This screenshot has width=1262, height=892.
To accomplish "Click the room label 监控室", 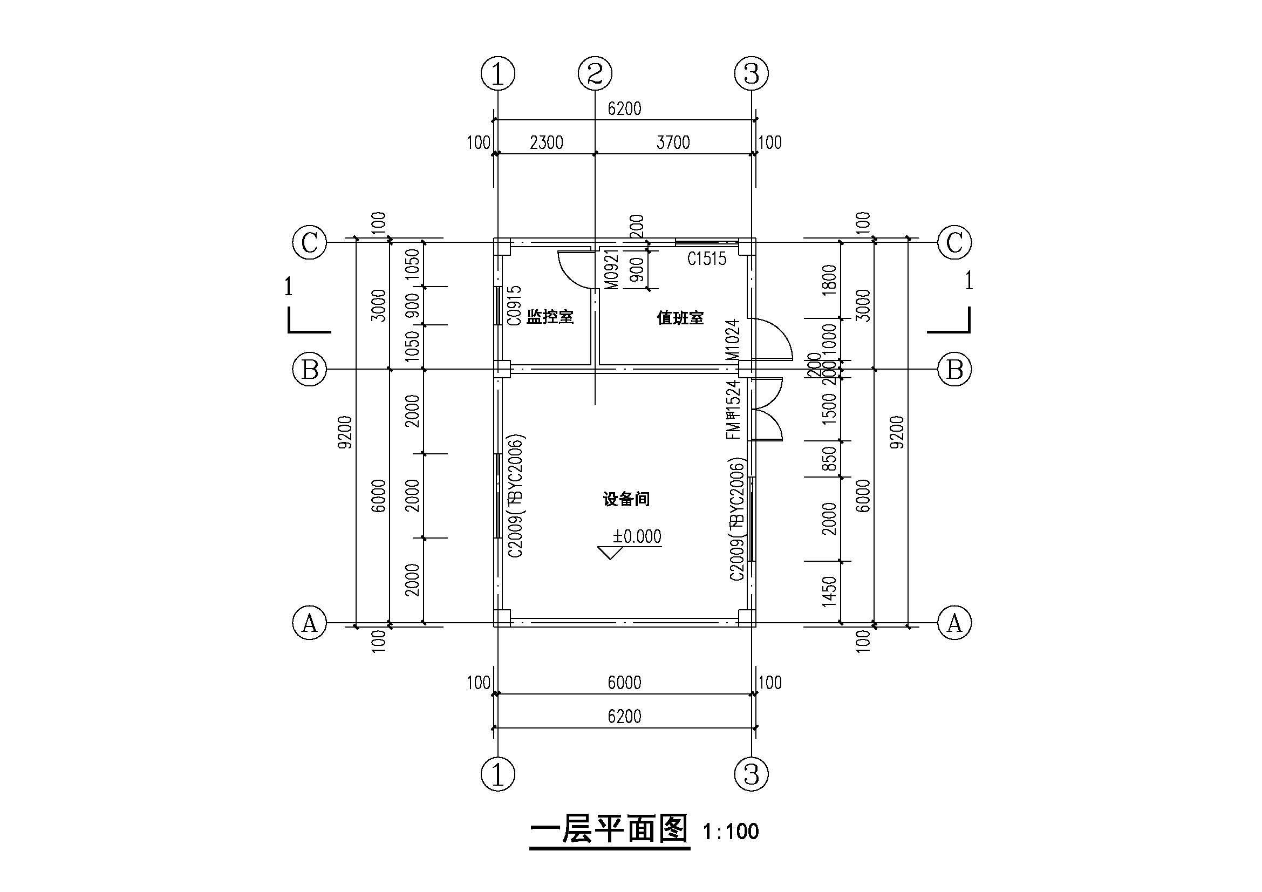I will (550, 317).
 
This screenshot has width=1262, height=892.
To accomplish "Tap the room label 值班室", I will (680, 318).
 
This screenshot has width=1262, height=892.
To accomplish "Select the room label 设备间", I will (626, 499).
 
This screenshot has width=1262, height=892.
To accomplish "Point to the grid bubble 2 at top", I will (595, 73).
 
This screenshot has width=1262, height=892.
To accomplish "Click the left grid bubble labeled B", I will (310, 369).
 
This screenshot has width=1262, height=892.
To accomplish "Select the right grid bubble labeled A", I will (954, 623).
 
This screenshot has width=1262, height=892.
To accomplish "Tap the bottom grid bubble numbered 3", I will (752, 774).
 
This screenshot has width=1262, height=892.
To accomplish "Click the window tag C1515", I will (706, 258).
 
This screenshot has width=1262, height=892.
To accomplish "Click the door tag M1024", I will (733, 339).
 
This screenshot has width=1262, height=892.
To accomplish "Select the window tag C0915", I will (514, 305).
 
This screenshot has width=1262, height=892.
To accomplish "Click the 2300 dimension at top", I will (547, 143).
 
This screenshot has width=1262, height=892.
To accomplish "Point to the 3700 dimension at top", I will (673, 143).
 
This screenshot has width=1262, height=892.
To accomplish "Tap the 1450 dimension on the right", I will (829, 591).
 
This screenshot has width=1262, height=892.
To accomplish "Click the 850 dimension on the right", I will (829, 459).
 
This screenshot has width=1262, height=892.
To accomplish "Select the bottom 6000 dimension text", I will (624, 683).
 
